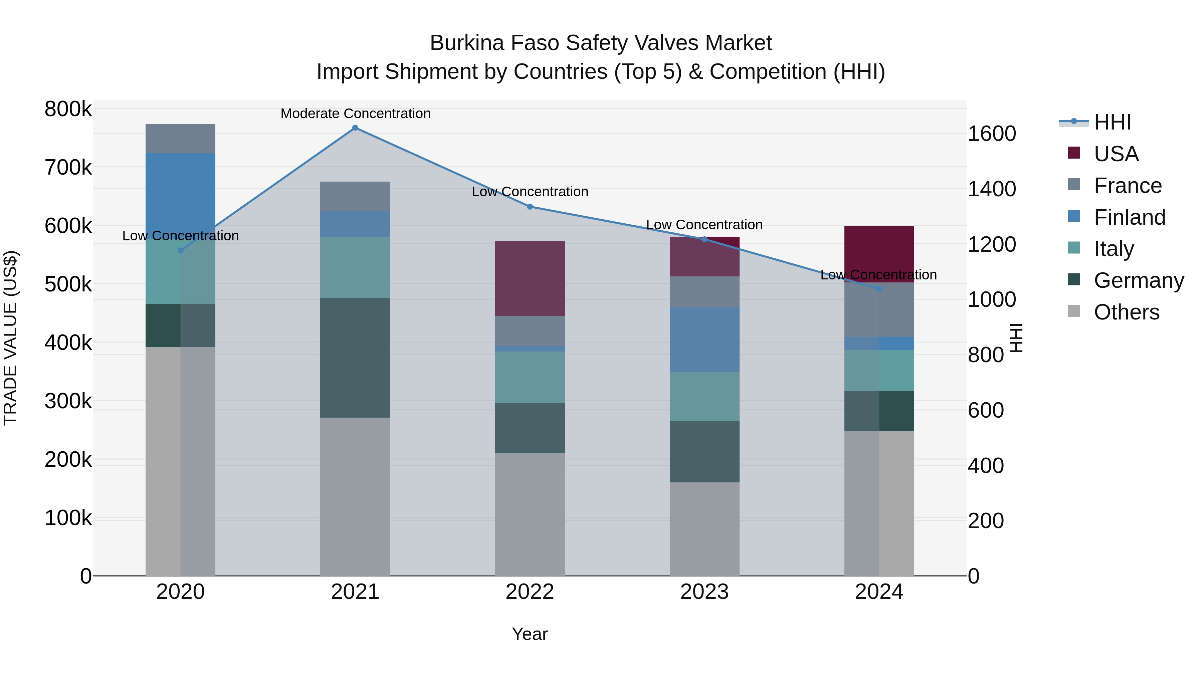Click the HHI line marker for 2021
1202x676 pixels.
(355, 128)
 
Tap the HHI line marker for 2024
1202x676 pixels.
(879, 289)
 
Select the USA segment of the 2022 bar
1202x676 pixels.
(530, 278)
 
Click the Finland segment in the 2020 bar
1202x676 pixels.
(181, 191)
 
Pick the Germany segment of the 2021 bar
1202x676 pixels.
(355, 358)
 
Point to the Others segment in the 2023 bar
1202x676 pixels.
(705, 529)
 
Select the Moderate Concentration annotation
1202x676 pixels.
(355, 114)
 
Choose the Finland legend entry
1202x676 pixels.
(1129, 217)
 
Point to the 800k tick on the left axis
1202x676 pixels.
(68, 109)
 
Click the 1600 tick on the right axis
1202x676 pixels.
(992, 134)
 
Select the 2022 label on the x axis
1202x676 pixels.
(530, 592)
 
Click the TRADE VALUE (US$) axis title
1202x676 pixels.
(10, 338)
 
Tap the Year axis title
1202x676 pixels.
(530, 634)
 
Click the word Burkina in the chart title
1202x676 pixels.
(467, 43)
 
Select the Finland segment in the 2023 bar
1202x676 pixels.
(705, 340)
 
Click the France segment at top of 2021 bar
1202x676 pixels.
(355, 196)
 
